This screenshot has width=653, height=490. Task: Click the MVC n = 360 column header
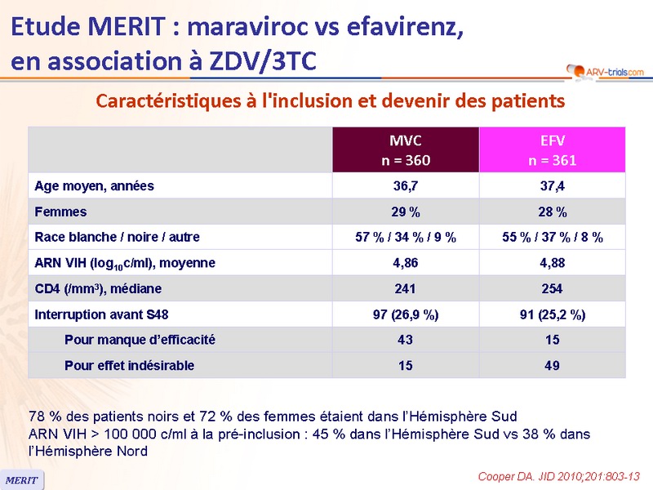406,150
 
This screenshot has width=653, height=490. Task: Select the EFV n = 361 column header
552,150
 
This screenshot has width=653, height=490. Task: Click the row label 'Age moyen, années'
94,186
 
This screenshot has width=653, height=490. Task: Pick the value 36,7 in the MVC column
406,186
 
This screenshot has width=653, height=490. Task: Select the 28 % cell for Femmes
552,212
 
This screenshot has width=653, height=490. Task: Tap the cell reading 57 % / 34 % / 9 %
406,238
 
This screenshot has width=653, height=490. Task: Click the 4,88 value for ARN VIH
552,263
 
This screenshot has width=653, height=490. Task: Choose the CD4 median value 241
406,288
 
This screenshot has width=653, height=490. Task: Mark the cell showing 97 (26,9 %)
406,314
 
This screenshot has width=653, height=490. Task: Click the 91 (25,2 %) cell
552,314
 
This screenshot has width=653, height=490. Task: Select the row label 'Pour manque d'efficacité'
140,340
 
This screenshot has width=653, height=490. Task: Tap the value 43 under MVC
406,340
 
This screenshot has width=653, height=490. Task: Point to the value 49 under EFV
552,365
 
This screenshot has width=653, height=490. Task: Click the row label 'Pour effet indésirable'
129,365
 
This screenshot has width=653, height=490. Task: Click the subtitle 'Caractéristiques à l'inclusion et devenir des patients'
331,101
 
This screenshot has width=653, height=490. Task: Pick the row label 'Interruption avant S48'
102,314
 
